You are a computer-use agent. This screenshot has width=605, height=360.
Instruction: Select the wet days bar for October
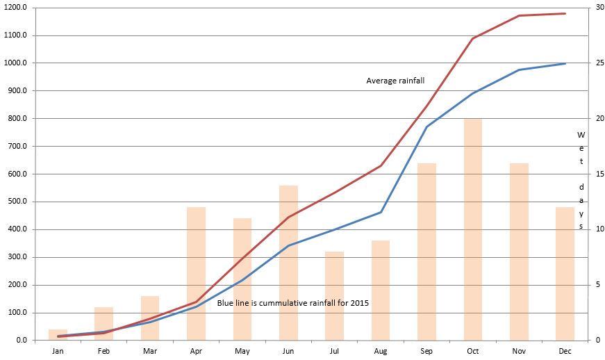pyautogui.click(x=473, y=229)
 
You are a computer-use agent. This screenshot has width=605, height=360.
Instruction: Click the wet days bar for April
pyautogui.click(x=196, y=274)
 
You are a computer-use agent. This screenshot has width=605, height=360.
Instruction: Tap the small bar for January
pyautogui.click(x=58, y=335)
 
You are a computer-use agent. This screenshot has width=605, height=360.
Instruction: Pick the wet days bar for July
pyautogui.click(x=335, y=296)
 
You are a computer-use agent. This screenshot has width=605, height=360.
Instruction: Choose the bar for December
pyautogui.click(x=565, y=274)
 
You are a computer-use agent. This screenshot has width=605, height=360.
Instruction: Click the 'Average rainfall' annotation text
pyautogui.click(x=395, y=81)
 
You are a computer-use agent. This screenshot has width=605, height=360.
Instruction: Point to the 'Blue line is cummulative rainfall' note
pyautogui.click(x=292, y=303)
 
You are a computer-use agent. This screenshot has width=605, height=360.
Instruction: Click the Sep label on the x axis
pyautogui.click(x=426, y=352)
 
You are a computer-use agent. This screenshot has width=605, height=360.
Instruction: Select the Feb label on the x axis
pyautogui.click(x=103, y=352)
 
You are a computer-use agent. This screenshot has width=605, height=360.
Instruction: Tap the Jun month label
pyautogui.click(x=288, y=352)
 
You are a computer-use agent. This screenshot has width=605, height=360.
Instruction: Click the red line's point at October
pyautogui.click(x=473, y=38)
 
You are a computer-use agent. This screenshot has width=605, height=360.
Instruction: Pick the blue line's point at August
pyautogui.click(x=381, y=212)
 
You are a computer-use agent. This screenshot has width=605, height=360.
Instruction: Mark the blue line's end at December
pyautogui.click(x=565, y=63)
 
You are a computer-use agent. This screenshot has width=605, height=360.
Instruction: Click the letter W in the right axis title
pyautogui.click(x=581, y=134)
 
